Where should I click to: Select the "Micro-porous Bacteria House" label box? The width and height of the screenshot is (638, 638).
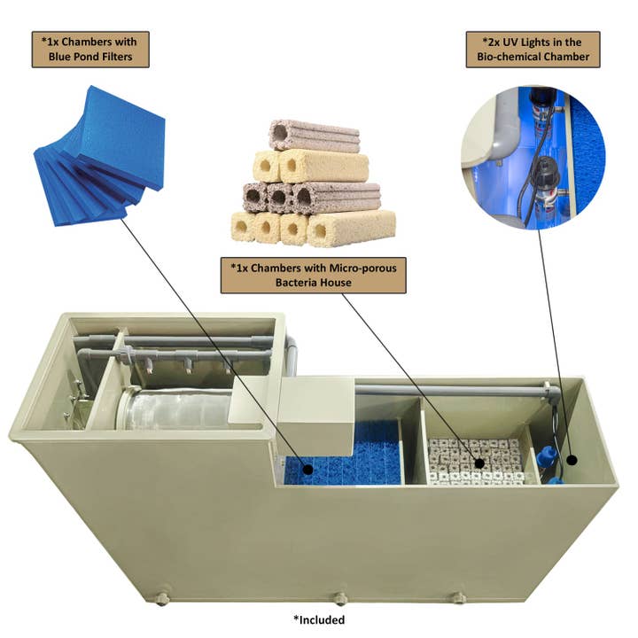[x=313, y=276]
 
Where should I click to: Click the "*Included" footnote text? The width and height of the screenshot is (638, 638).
[x=318, y=619]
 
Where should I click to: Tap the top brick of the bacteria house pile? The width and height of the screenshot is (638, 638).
[x=315, y=136]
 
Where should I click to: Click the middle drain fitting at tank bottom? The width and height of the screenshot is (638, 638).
[x=339, y=599]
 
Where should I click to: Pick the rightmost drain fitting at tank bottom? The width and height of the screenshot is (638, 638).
[x=458, y=598]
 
